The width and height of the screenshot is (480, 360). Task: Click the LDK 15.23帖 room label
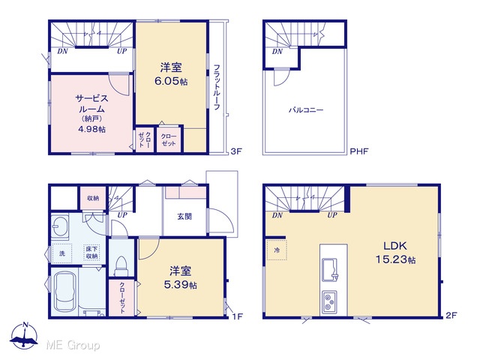click(395, 253)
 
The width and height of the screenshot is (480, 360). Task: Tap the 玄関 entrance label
click(184, 217)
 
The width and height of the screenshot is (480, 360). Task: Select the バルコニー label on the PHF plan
click(306, 110)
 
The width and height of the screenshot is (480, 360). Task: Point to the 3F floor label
click(236, 151)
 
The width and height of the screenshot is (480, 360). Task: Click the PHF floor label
click(359, 151)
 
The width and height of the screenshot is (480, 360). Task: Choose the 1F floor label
click(238, 316)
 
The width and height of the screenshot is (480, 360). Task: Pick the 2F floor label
click(451, 315)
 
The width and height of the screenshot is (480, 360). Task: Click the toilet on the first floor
click(121, 266)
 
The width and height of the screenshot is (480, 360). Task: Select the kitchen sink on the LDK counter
click(330, 270)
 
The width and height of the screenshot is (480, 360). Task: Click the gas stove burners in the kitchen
click(329, 301)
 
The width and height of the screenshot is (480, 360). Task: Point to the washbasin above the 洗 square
click(59, 226)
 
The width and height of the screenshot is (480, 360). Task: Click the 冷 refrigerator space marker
click(277, 250)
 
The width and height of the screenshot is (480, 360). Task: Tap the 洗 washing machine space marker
click(61, 253)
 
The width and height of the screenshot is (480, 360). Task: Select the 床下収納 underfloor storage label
click(91, 253)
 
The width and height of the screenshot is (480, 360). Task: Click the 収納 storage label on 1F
click(93, 198)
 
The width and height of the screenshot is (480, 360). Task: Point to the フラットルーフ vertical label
click(217, 87)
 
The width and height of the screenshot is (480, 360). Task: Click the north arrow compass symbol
click(24, 336)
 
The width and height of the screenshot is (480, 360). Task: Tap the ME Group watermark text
click(73, 346)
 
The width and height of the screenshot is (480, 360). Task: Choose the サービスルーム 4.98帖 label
click(91, 113)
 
